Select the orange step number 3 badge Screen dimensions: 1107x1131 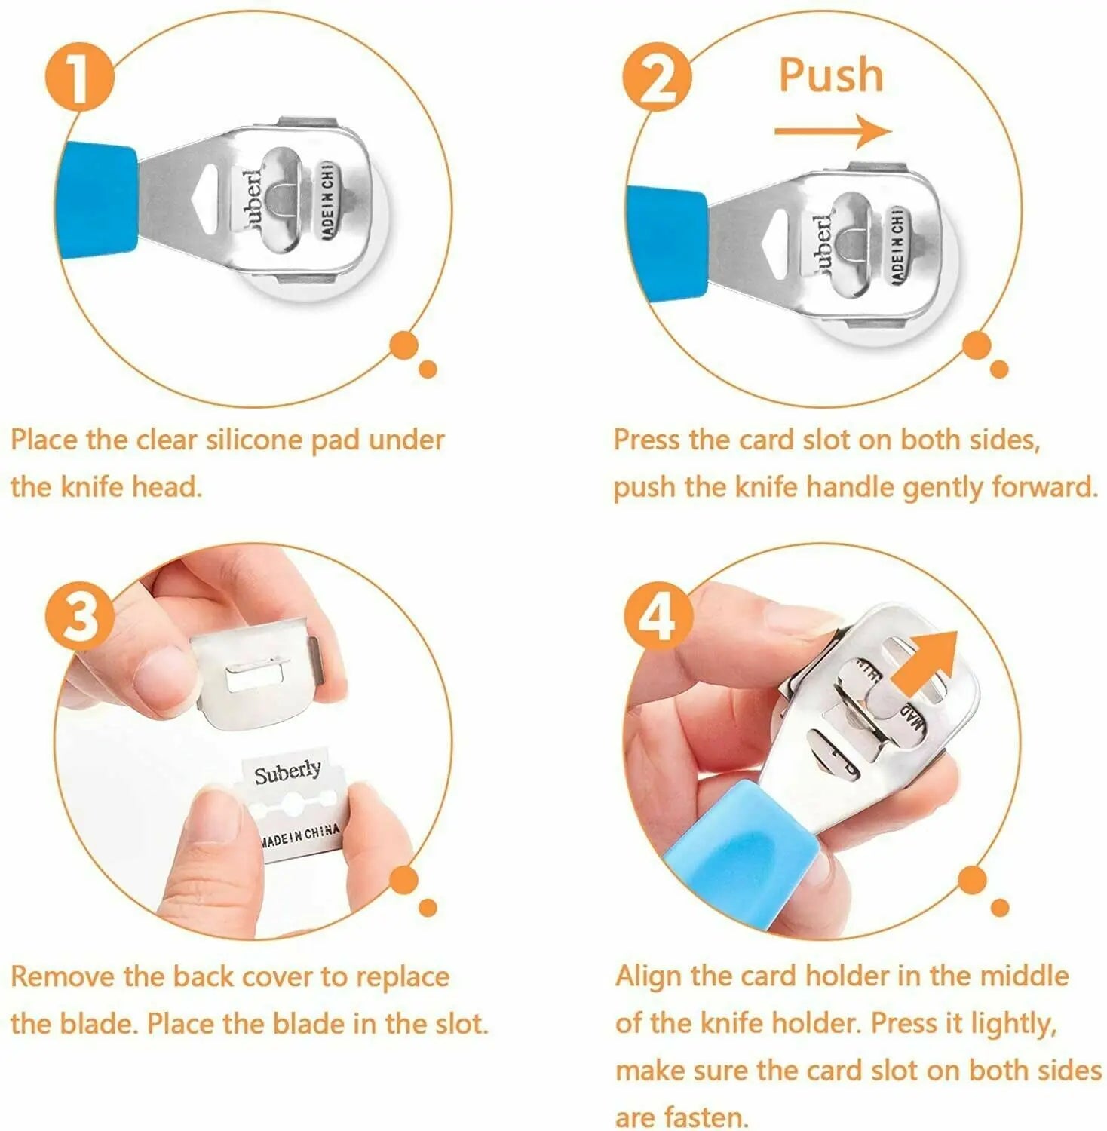78,616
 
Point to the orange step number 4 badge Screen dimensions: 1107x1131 656,616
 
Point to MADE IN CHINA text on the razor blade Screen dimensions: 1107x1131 300,835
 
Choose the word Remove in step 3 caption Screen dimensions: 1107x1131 63,977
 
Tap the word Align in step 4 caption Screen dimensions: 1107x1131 649,976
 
